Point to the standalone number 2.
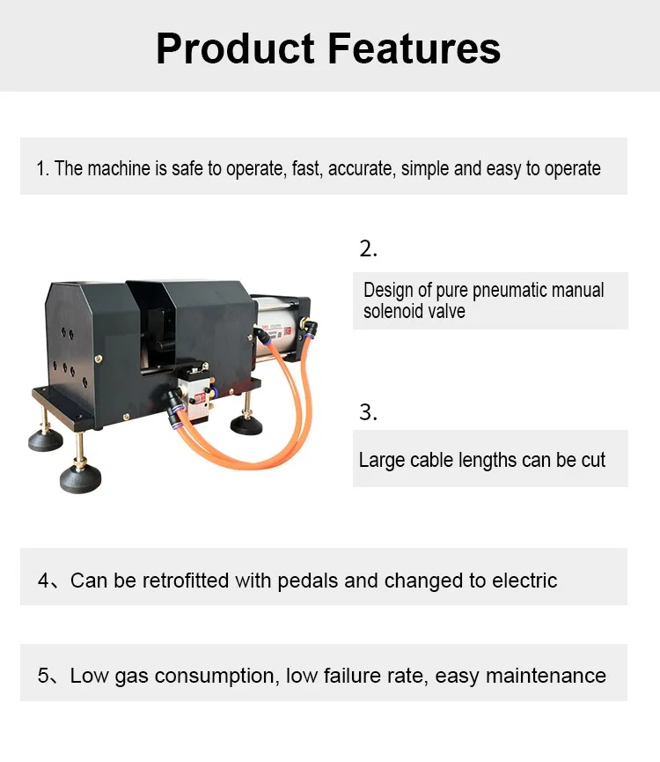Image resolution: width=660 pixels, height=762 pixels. point(368,248)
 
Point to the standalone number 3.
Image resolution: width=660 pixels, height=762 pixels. point(368,411)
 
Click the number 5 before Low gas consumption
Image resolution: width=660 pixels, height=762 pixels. point(44,676)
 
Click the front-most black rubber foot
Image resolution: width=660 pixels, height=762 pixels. point(80,478)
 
